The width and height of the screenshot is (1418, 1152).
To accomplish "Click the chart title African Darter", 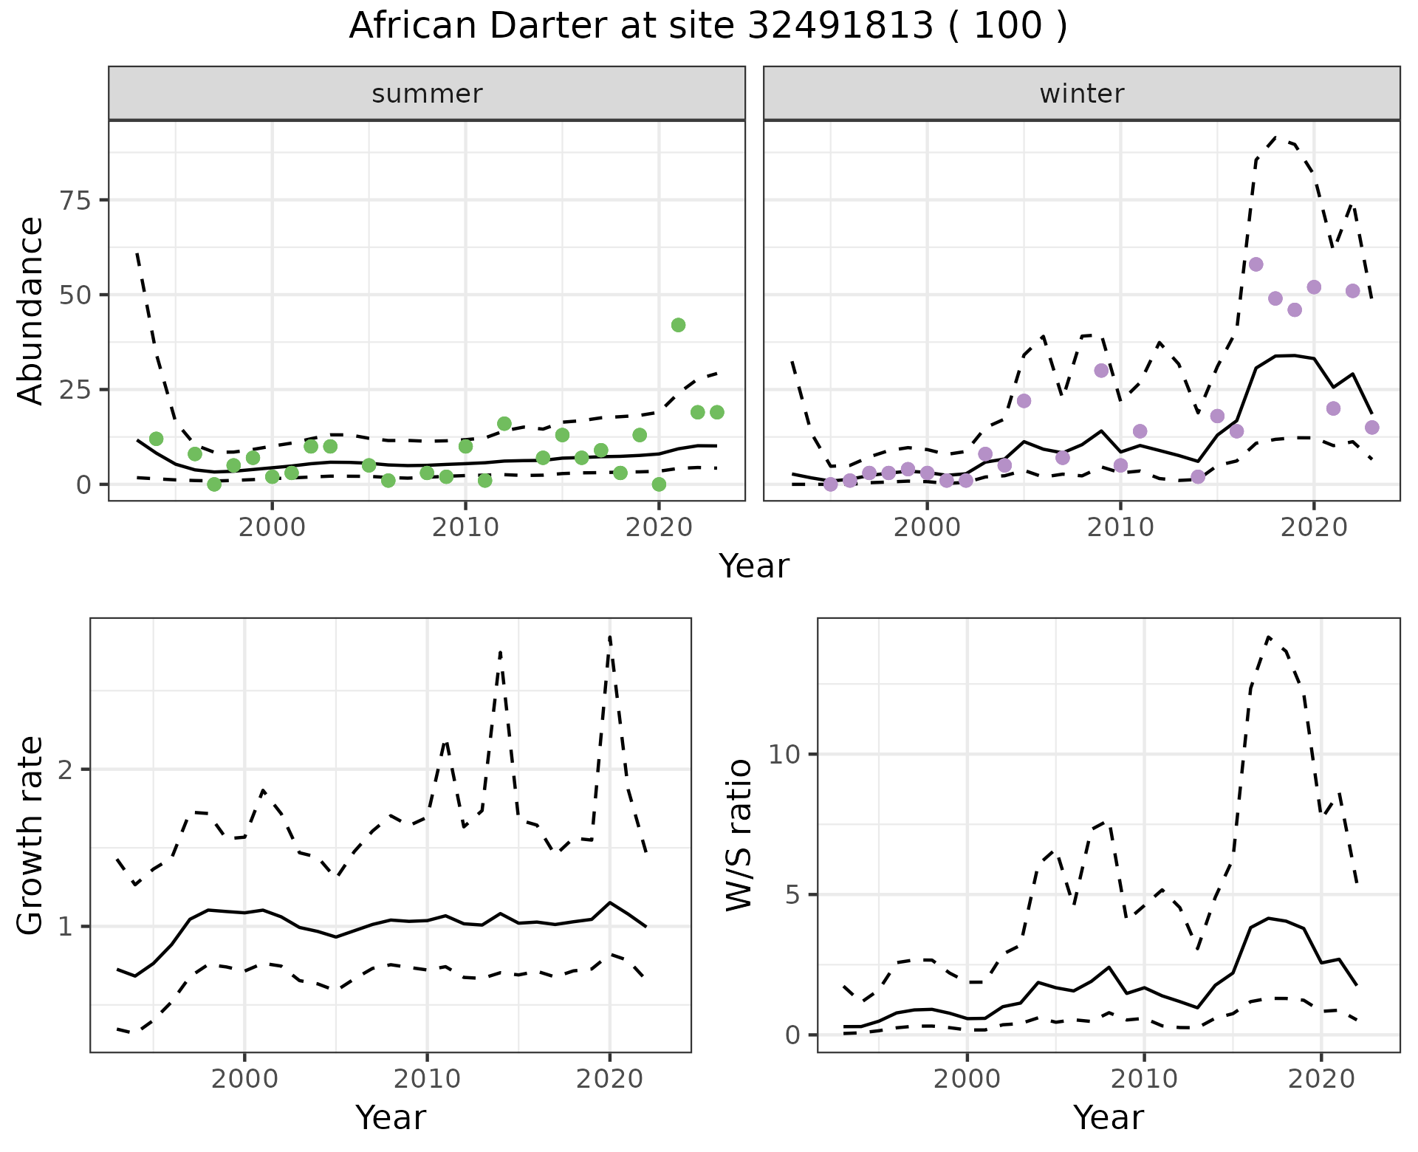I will pos(708,27).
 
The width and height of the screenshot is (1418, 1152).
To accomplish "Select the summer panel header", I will pos(427,94).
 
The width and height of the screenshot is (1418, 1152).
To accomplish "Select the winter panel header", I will pos(1081,94).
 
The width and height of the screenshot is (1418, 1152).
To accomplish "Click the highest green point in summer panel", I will pos(678,325).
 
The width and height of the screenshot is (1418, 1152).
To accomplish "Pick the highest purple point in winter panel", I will pos(1256,264).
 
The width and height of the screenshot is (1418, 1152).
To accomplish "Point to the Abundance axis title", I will pos(30,310).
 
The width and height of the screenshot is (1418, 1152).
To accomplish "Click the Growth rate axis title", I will pos(30,836).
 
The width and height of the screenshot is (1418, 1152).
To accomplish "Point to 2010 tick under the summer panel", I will pos(465,527).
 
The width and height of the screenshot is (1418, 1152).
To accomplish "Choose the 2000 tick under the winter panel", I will pos(927,527).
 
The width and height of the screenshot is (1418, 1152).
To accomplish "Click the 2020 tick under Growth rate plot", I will pos(609,1079).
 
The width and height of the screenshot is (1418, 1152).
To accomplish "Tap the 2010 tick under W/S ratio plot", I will pos(1144,1079).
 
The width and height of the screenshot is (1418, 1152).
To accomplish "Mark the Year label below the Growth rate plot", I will pos(391,1117).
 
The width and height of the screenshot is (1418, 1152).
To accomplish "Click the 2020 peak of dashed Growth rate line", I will pos(610,637).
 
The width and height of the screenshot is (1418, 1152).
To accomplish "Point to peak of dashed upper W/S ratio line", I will pos(1268,637).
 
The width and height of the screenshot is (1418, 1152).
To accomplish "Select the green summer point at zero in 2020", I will pos(659,484).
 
